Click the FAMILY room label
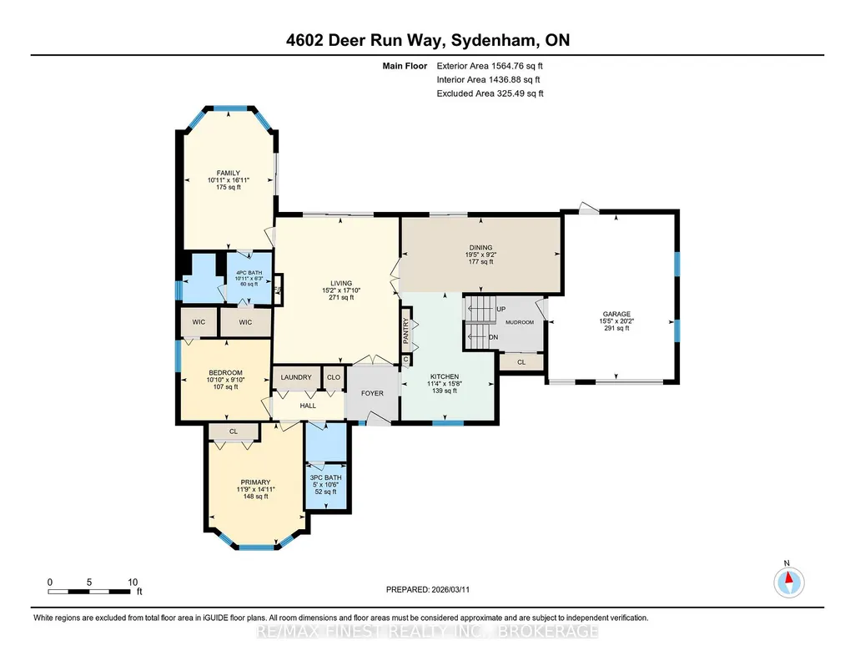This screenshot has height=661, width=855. (228, 173)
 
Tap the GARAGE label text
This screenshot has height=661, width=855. (616, 314)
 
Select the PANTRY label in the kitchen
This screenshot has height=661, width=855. (406, 330)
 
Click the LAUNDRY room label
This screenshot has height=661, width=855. (296, 377)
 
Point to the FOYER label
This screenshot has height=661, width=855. (372, 393)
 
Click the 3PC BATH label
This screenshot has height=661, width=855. (325, 477)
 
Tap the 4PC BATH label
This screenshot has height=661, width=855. (249, 273)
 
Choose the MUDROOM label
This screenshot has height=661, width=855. (520, 322)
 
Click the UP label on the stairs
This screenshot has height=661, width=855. (501, 310)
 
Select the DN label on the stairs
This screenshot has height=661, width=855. (494, 337)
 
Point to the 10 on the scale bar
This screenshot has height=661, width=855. (133, 583)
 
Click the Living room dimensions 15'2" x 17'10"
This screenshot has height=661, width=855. (341, 290)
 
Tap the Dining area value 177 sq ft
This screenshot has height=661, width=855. (480, 262)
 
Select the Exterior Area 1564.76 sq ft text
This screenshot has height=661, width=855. (490, 66)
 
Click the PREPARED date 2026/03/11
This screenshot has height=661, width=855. (450, 589)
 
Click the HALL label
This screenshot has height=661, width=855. (308, 406)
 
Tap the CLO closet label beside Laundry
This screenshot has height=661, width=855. (334, 377)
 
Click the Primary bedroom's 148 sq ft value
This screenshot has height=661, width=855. (256, 497)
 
